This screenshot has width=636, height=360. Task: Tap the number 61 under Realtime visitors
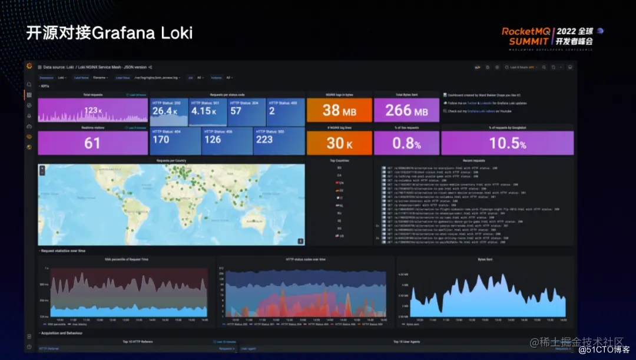point(92,143)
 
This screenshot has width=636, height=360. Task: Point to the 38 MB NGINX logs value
point(339,110)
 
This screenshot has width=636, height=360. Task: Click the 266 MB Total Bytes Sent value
point(406,110)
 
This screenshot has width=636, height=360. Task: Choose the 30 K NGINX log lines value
point(339,143)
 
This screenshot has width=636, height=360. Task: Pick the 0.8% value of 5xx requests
point(406,143)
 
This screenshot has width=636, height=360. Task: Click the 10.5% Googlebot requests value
point(507,143)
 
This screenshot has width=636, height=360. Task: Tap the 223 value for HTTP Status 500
point(264,140)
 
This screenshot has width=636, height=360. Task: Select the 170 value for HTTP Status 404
point(161,140)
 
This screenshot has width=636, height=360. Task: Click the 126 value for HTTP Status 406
point(213,140)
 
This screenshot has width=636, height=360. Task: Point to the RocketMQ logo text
point(526,31)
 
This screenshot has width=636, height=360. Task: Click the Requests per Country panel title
point(171,160)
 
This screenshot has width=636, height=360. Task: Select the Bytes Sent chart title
point(485,259)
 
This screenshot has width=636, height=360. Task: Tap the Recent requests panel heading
point(473,160)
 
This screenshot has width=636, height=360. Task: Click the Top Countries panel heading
point(339,160)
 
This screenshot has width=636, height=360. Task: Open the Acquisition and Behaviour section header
point(62,333)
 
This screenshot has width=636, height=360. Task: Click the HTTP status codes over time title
point(306,259)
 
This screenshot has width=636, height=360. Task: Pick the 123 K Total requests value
point(92,110)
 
